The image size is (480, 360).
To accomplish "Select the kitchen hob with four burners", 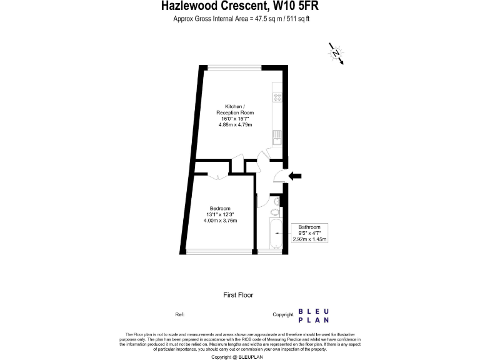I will point(276,97).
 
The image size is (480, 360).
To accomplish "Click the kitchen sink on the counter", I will point(276,135).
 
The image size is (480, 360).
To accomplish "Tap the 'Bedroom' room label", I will point(220,209).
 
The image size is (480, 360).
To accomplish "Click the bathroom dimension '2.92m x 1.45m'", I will point(310,239).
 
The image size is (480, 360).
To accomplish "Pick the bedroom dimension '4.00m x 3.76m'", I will point(220,221).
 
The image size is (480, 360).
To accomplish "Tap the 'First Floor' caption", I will point(238,294).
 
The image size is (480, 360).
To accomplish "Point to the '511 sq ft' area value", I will point(297,19).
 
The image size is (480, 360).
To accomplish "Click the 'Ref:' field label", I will point(179,314).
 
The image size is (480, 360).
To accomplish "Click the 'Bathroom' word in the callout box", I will point(310,227).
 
